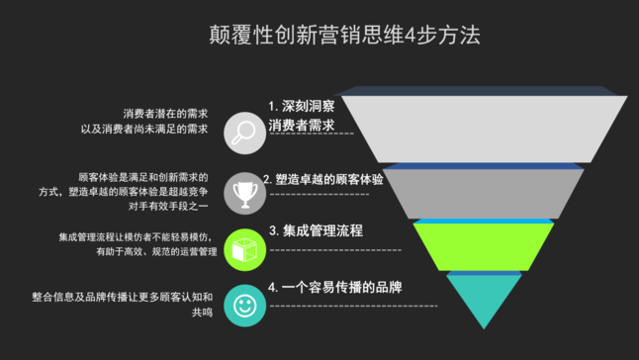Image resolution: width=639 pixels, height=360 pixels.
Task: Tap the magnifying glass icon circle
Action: tap(241, 133)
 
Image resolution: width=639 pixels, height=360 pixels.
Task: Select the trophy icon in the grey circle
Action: tap(241, 191)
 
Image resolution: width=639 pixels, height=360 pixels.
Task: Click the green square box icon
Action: tap(241, 248)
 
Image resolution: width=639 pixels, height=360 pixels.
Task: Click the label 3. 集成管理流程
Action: tap(316, 231)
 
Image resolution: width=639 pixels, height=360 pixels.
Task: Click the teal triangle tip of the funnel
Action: tap(482, 297)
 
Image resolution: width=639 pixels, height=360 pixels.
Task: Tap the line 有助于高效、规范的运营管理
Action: tap(156, 252)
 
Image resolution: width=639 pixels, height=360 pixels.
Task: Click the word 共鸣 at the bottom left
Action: tap(202, 312)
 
